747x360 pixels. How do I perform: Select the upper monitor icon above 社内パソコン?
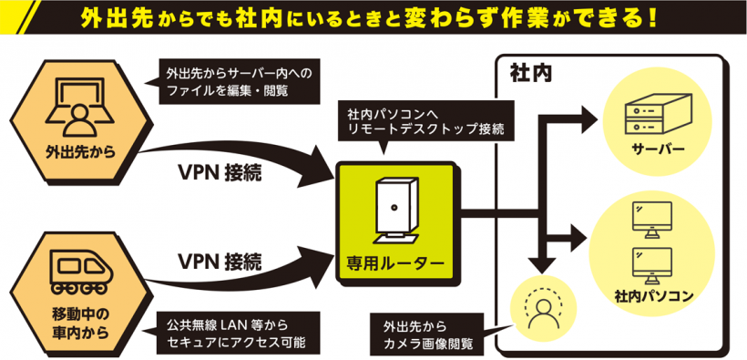(x=651, y=220)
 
